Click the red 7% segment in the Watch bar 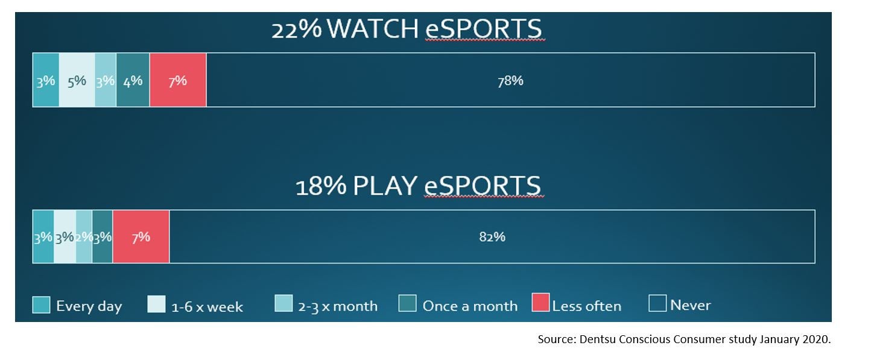coord(178,80)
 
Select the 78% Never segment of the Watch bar coord(510,80)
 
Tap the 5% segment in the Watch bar coord(77,80)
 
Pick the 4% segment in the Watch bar coord(133,80)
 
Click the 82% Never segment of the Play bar coord(492,237)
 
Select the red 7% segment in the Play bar coord(141,237)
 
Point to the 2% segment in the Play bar coord(84,237)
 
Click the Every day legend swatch coord(41,305)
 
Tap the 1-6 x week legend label coord(207,307)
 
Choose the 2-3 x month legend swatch coord(283,303)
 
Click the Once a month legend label coord(470,306)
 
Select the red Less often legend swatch coord(540,303)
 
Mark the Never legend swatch coord(657,303)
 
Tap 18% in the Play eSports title coord(320,186)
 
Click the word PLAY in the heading coord(385,186)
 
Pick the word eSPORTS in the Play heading coord(483,186)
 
